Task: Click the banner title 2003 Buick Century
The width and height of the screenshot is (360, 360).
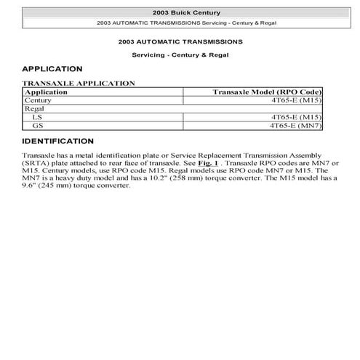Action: (x=180, y=13)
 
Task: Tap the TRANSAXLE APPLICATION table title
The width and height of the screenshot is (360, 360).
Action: (x=79, y=84)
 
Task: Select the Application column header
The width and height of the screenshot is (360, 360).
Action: (x=46, y=92)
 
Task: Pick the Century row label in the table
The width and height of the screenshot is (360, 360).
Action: (x=39, y=100)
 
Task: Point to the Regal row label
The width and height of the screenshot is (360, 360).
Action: (x=35, y=108)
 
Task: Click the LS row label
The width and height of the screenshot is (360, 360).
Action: (x=37, y=116)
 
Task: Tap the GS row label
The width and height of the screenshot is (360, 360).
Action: (x=38, y=124)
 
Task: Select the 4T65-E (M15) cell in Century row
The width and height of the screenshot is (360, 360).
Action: (x=295, y=100)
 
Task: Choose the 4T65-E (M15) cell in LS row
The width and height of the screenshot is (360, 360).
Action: (x=295, y=116)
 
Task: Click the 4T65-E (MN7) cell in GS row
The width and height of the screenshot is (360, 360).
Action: (x=295, y=124)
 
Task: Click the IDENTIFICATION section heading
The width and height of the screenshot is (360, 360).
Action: (x=58, y=141)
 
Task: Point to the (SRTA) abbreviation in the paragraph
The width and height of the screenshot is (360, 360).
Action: (x=36, y=164)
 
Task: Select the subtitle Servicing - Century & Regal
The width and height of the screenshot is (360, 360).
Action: (x=180, y=55)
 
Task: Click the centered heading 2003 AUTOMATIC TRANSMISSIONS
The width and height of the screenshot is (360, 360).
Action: (x=180, y=42)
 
